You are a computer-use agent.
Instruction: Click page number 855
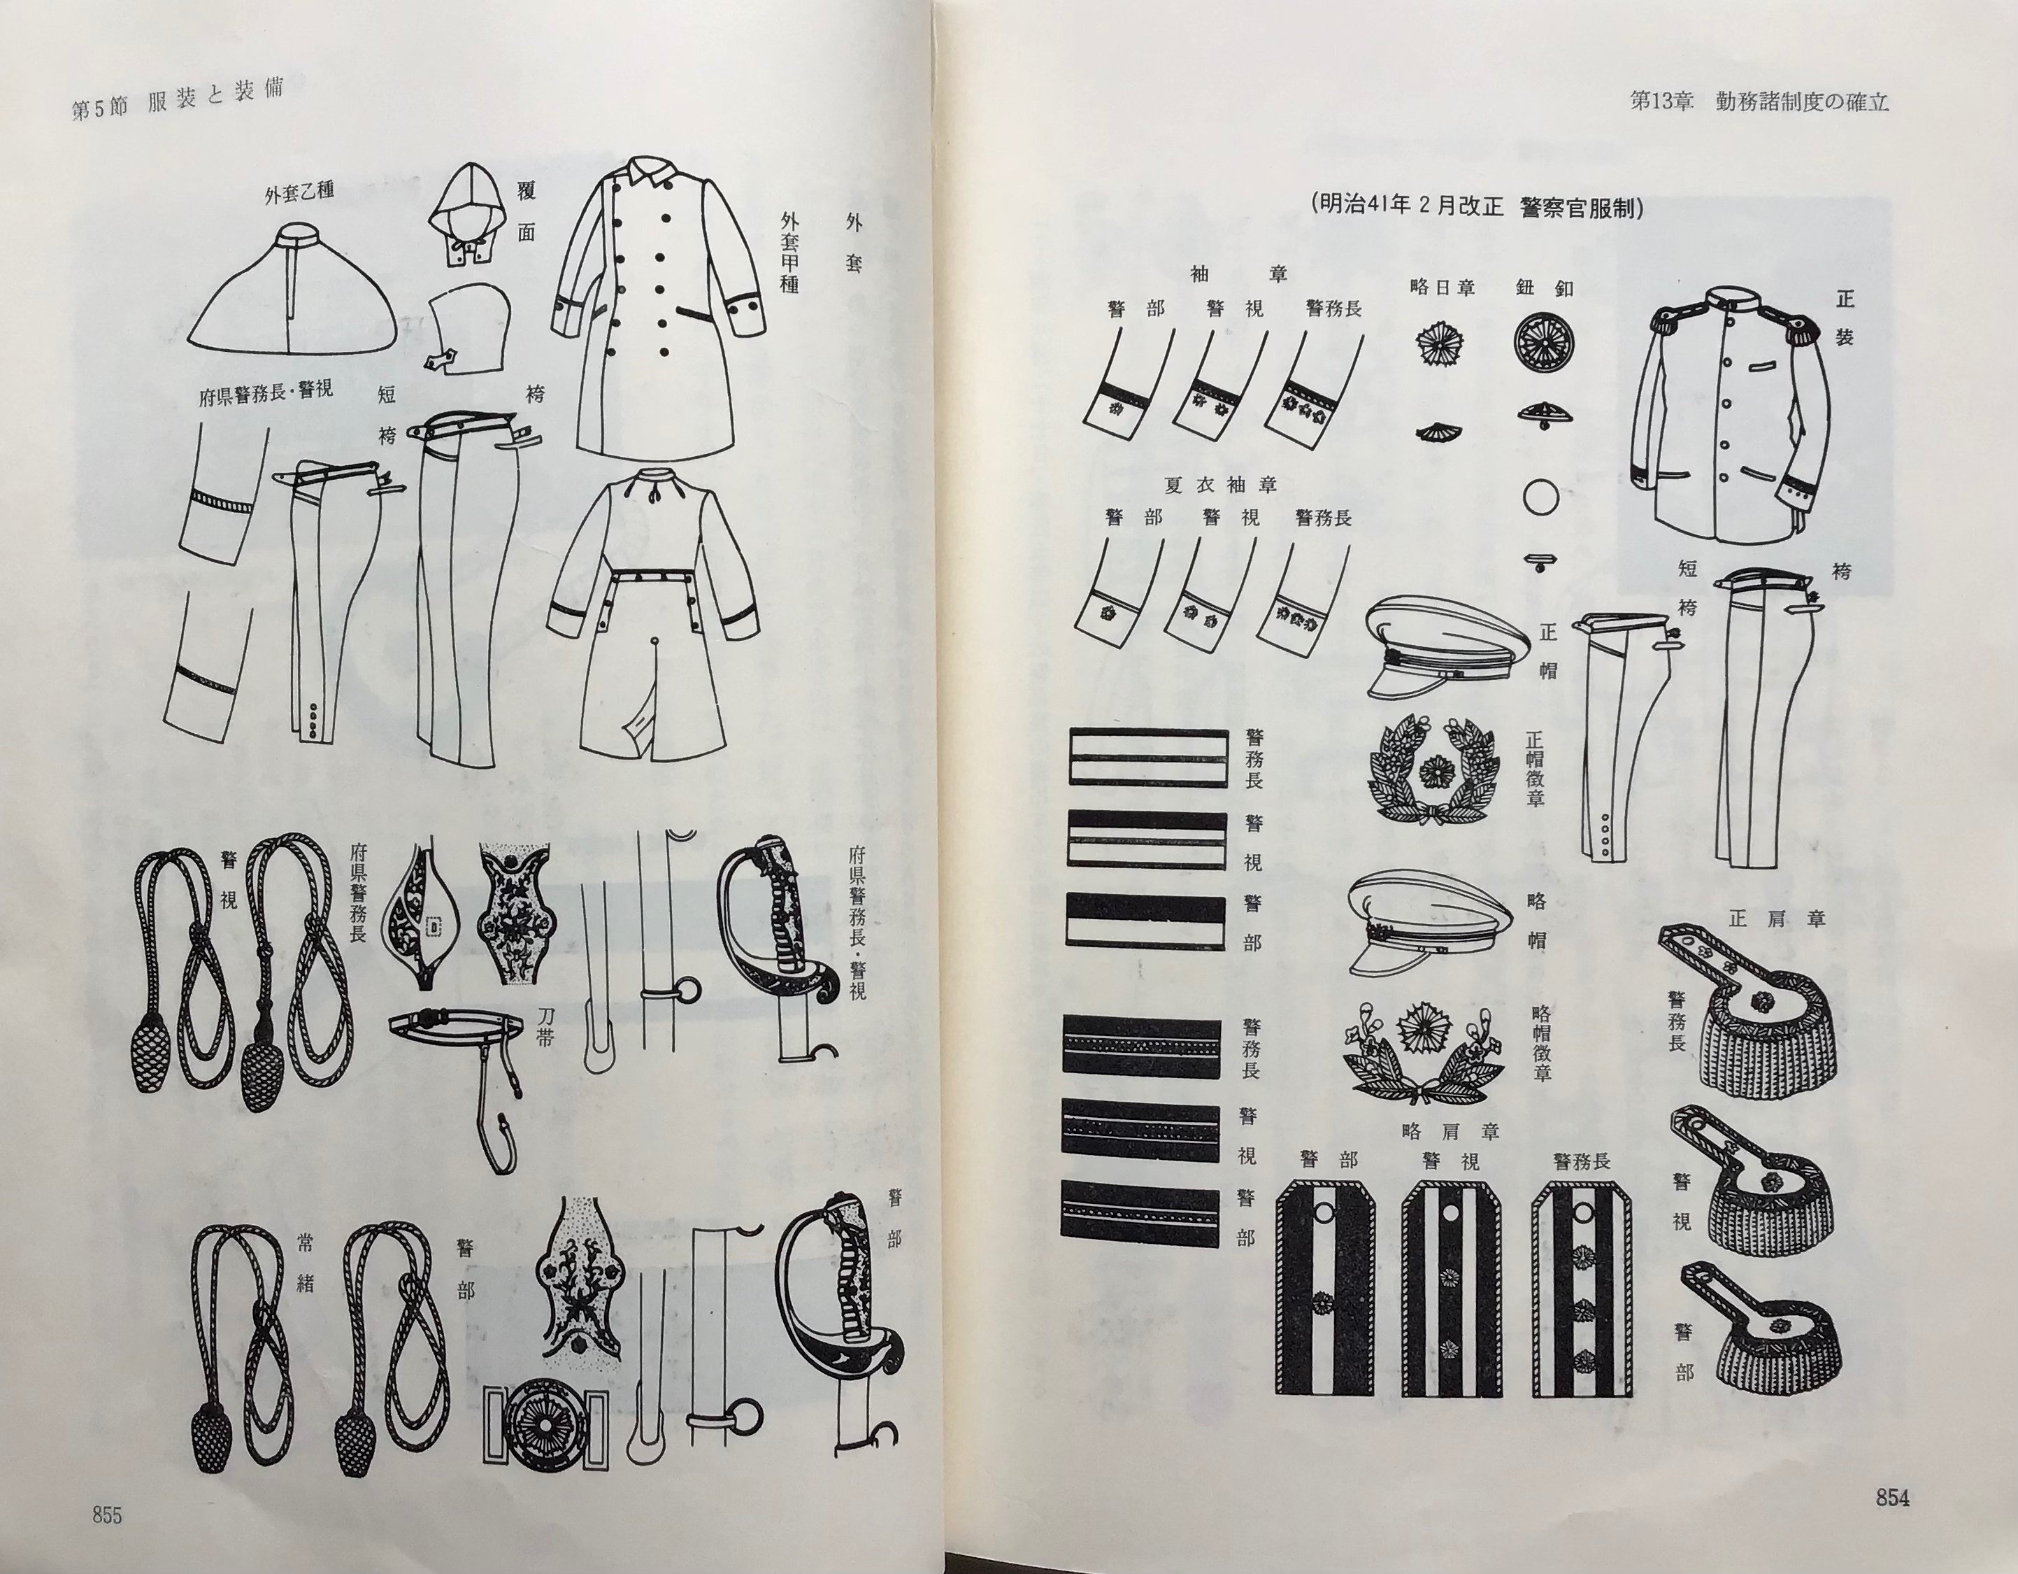[106, 1515]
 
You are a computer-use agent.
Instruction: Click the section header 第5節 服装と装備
[176, 100]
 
